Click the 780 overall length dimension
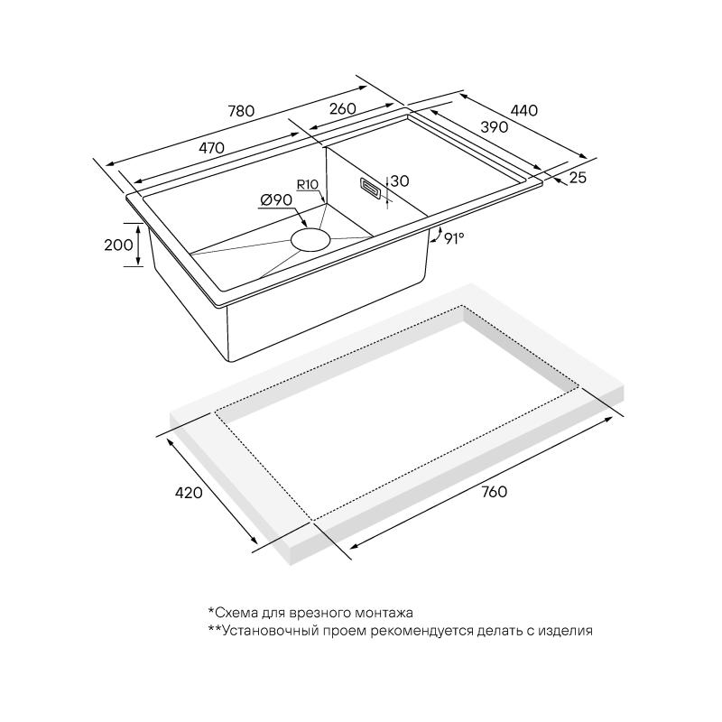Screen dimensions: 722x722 tap(241, 111)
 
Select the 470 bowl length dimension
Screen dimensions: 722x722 tap(211, 148)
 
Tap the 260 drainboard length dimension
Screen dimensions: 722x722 tap(343, 108)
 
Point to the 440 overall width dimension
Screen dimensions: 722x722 tap(524, 110)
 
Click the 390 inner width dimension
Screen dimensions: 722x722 tap(494, 126)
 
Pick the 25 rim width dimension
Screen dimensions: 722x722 tap(578, 177)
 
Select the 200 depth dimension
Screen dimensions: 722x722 tap(118, 245)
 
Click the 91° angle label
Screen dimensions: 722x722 tap(454, 238)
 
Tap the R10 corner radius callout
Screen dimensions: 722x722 tap(307, 185)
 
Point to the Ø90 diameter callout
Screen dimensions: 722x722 tap(276, 199)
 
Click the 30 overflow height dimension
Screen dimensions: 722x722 tap(400, 181)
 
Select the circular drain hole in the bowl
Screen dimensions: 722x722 tap(310, 240)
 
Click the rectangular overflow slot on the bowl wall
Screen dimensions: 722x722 tap(370, 189)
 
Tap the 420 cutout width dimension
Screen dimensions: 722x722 tap(189, 493)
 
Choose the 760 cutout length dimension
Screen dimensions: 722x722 tap(494, 492)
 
